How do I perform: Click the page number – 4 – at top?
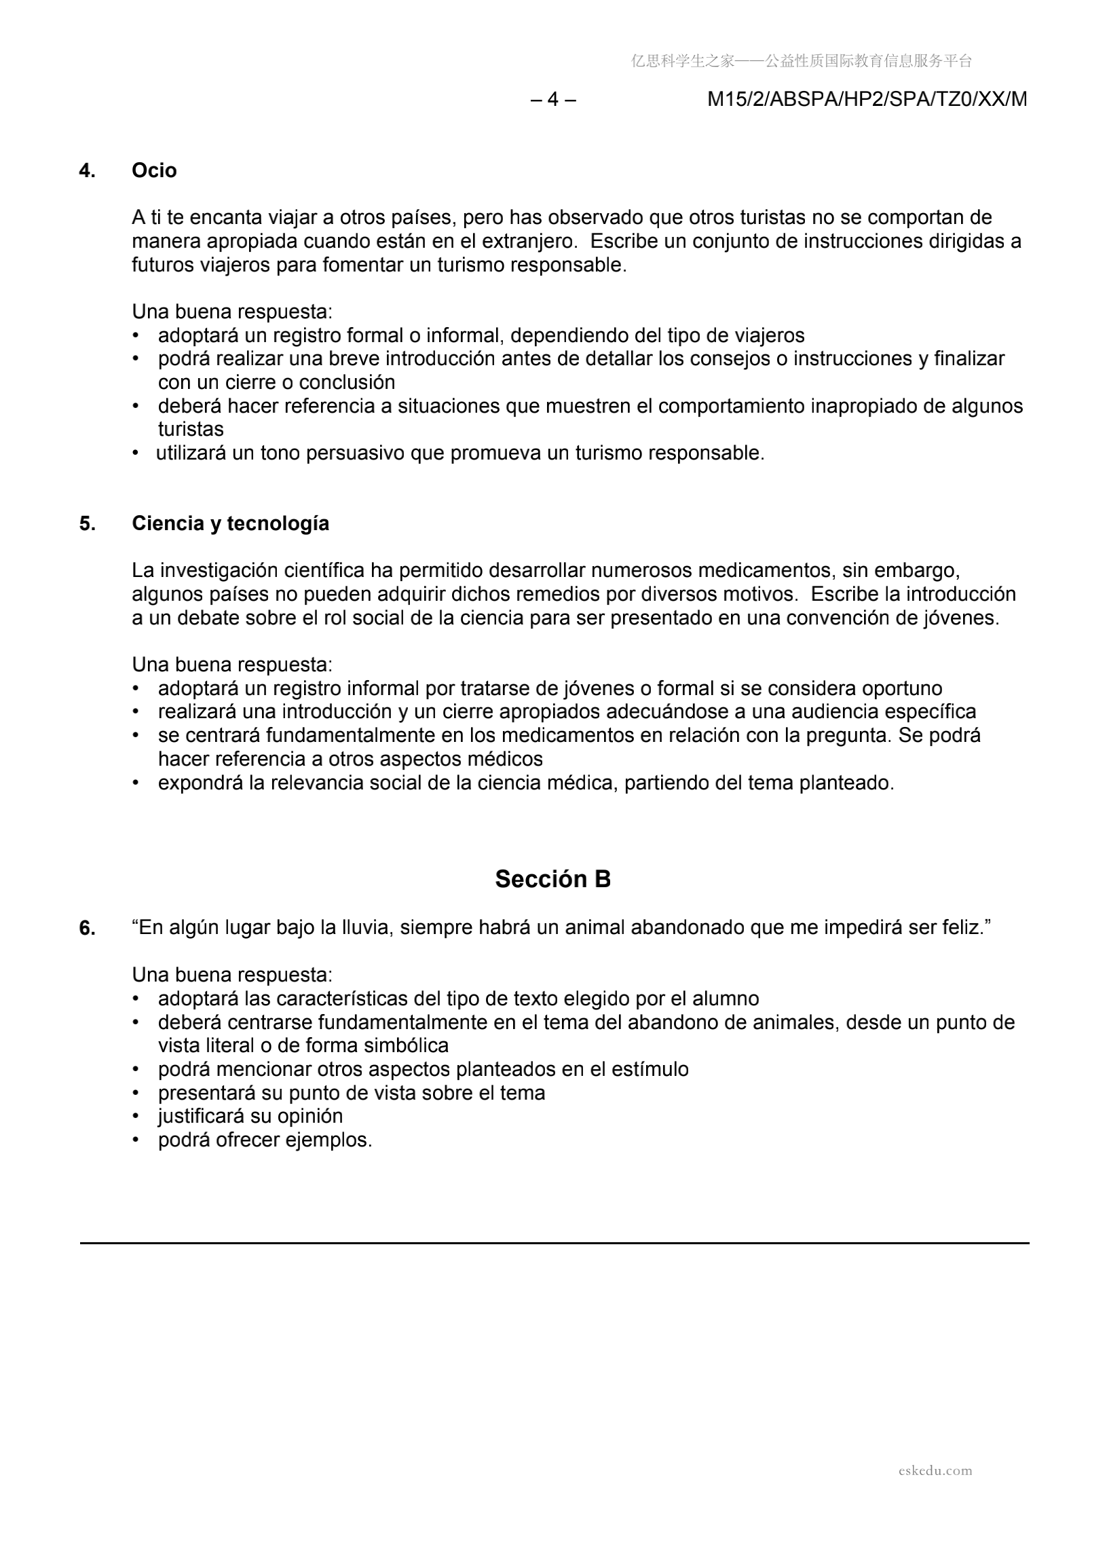pos(553,100)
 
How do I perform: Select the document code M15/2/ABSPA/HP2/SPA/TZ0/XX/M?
pos(867,100)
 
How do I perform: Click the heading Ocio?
pos(154,170)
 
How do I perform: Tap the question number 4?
pos(88,170)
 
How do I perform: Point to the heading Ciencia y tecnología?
pos(231,523)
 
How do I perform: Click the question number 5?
pos(88,523)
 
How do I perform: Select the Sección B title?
pos(552,879)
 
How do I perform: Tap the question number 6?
pos(88,929)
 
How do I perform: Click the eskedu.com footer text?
pos(935,1470)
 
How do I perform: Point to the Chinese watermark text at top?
pos(802,61)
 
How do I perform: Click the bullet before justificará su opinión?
pos(136,1117)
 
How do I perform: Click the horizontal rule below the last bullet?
pos(554,1243)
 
